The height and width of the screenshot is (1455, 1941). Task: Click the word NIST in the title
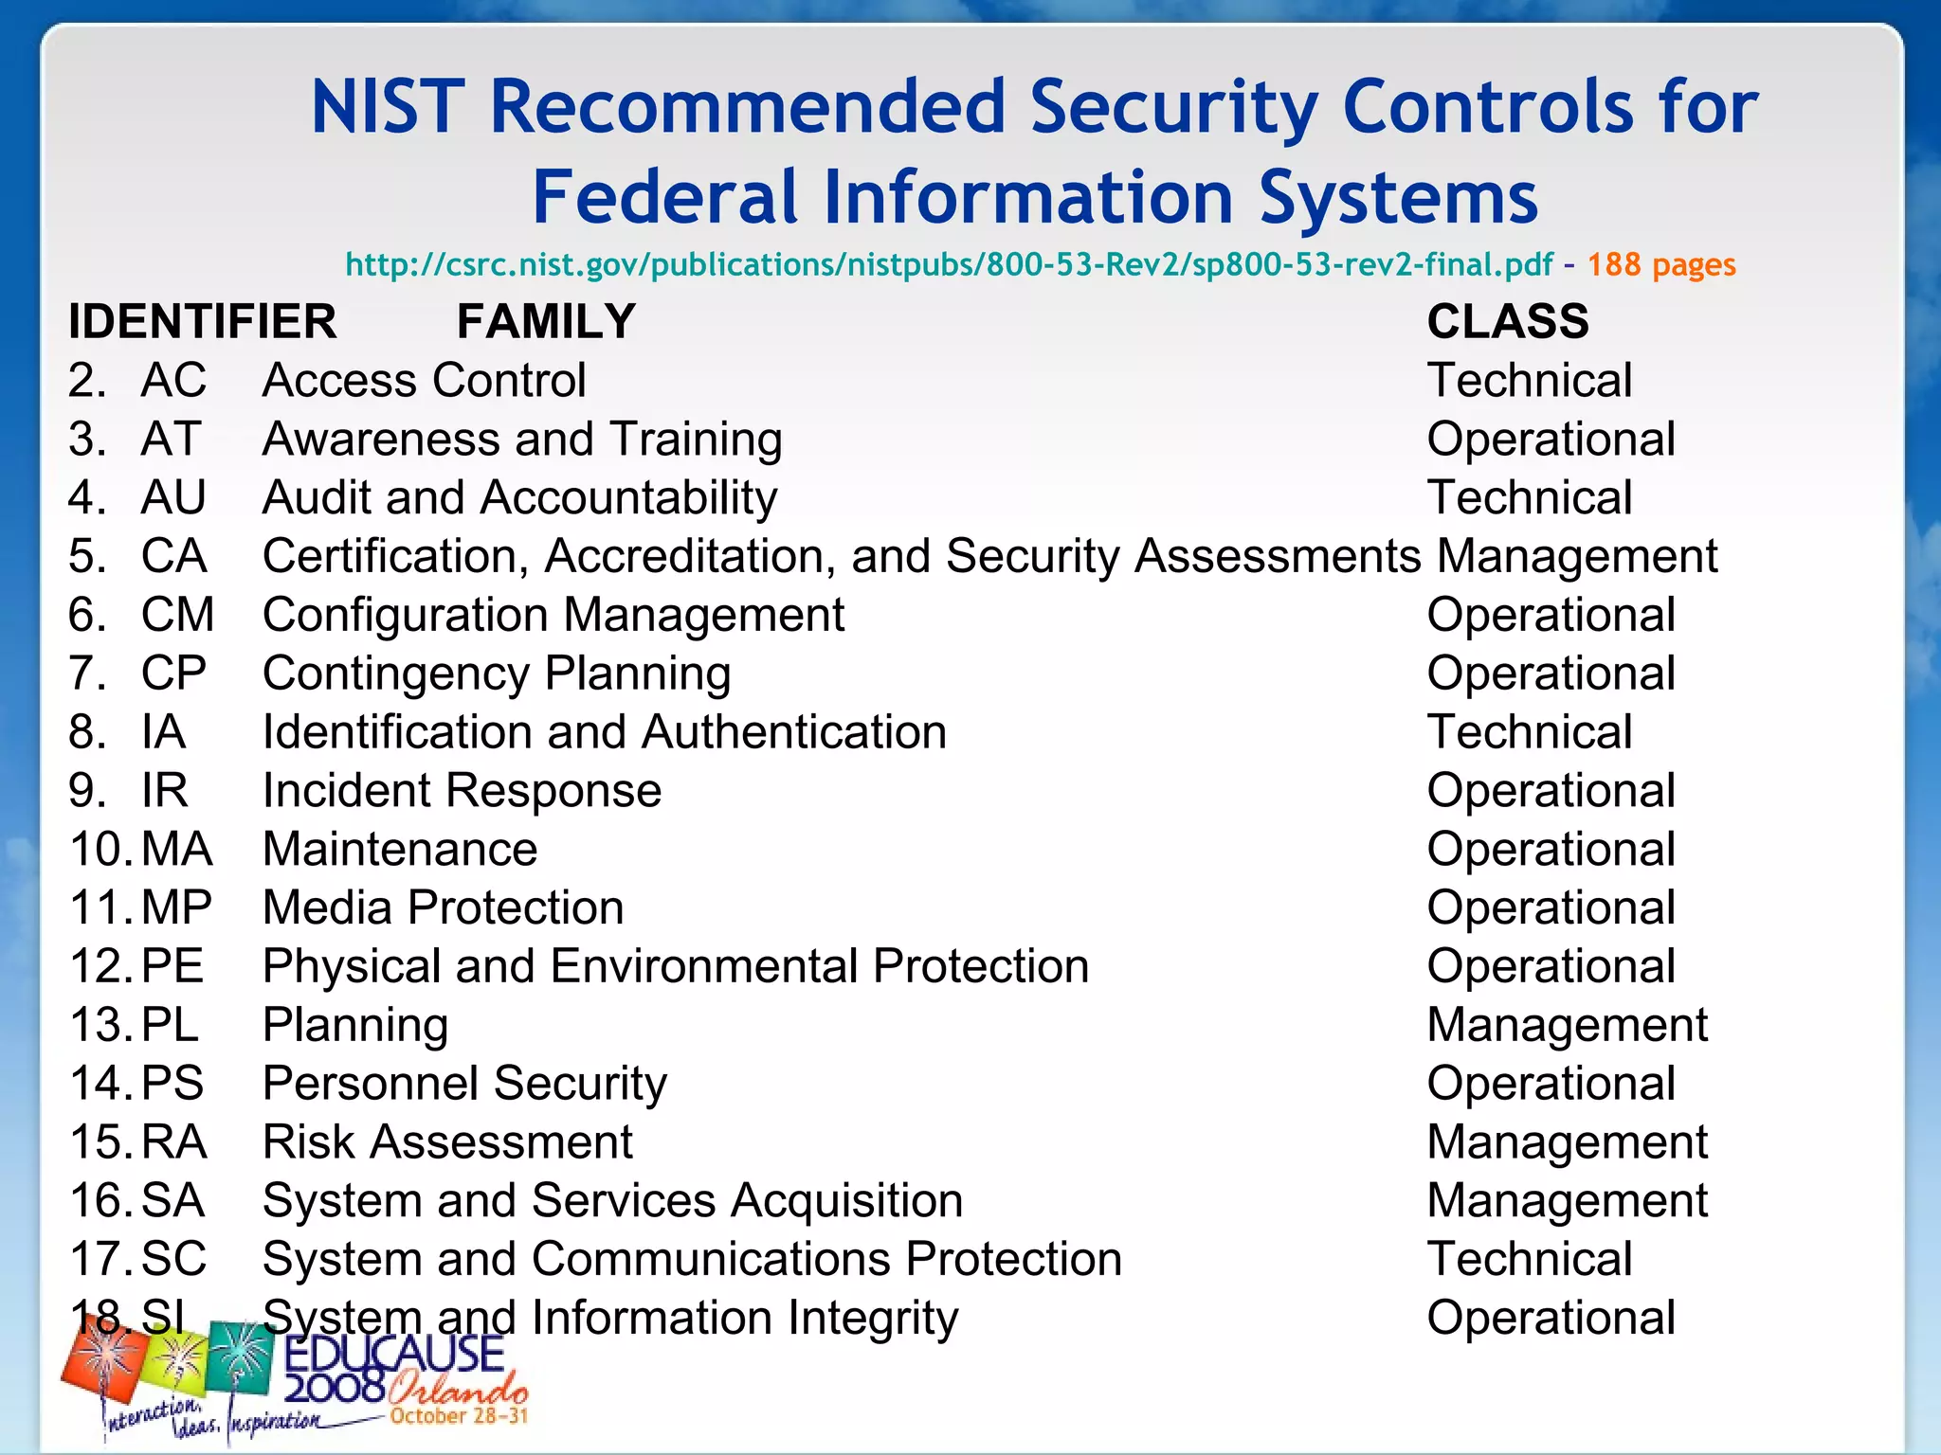point(389,106)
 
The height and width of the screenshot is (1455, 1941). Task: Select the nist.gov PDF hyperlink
point(949,264)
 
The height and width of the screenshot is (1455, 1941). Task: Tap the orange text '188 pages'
point(1661,264)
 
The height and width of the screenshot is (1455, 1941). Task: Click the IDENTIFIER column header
point(202,321)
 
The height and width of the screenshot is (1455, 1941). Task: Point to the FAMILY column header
point(546,321)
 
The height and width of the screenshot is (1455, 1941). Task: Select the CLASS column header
point(1508,321)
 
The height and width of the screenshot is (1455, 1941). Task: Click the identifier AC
point(173,381)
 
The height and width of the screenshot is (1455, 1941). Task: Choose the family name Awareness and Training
point(522,440)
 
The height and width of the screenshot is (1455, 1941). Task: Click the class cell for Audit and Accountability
point(1530,498)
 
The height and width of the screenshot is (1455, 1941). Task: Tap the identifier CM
point(177,615)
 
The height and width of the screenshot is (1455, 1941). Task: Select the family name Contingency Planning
point(497,674)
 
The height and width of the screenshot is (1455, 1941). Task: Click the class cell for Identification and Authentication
point(1530,732)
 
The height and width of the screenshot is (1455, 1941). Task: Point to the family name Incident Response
point(462,791)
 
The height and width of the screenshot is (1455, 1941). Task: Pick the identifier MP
point(176,907)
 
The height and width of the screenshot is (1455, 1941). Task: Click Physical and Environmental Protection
point(676,966)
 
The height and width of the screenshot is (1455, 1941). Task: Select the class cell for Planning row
point(1568,1025)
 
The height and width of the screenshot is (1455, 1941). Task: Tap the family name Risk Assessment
point(447,1141)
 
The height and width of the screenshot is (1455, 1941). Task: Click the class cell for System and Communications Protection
point(1530,1259)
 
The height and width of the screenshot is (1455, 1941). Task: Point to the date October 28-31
point(459,1416)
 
